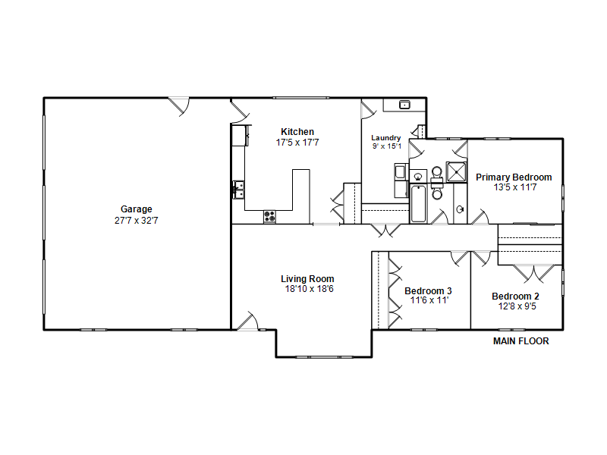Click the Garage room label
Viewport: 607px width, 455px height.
point(137,209)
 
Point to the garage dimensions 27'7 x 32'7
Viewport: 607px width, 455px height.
point(137,221)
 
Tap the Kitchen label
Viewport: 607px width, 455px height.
point(297,131)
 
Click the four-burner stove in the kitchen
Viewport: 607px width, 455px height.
point(270,216)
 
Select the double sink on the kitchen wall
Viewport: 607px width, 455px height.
point(238,190)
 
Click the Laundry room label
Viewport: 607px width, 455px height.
point(386,138)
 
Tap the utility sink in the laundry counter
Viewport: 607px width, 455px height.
point(404,105)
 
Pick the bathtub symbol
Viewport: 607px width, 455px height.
point(418,204)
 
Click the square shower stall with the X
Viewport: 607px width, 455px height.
point(457,172)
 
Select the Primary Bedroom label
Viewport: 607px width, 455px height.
point(514,177)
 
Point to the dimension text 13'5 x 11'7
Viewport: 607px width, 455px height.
point(515,187)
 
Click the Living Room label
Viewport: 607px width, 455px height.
point(307,279)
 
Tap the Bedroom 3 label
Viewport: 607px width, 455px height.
point(428,291)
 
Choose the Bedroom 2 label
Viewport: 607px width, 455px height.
point(515,297)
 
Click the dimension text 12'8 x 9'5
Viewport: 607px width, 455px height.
point(517,306)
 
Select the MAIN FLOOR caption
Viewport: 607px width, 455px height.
point(521,341)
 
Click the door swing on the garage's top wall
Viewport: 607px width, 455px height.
point(179,106)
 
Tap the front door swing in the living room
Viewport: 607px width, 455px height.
point(248,321)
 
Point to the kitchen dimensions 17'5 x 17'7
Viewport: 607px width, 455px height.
point(297,143)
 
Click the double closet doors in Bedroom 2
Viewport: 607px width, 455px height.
point(534,273)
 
